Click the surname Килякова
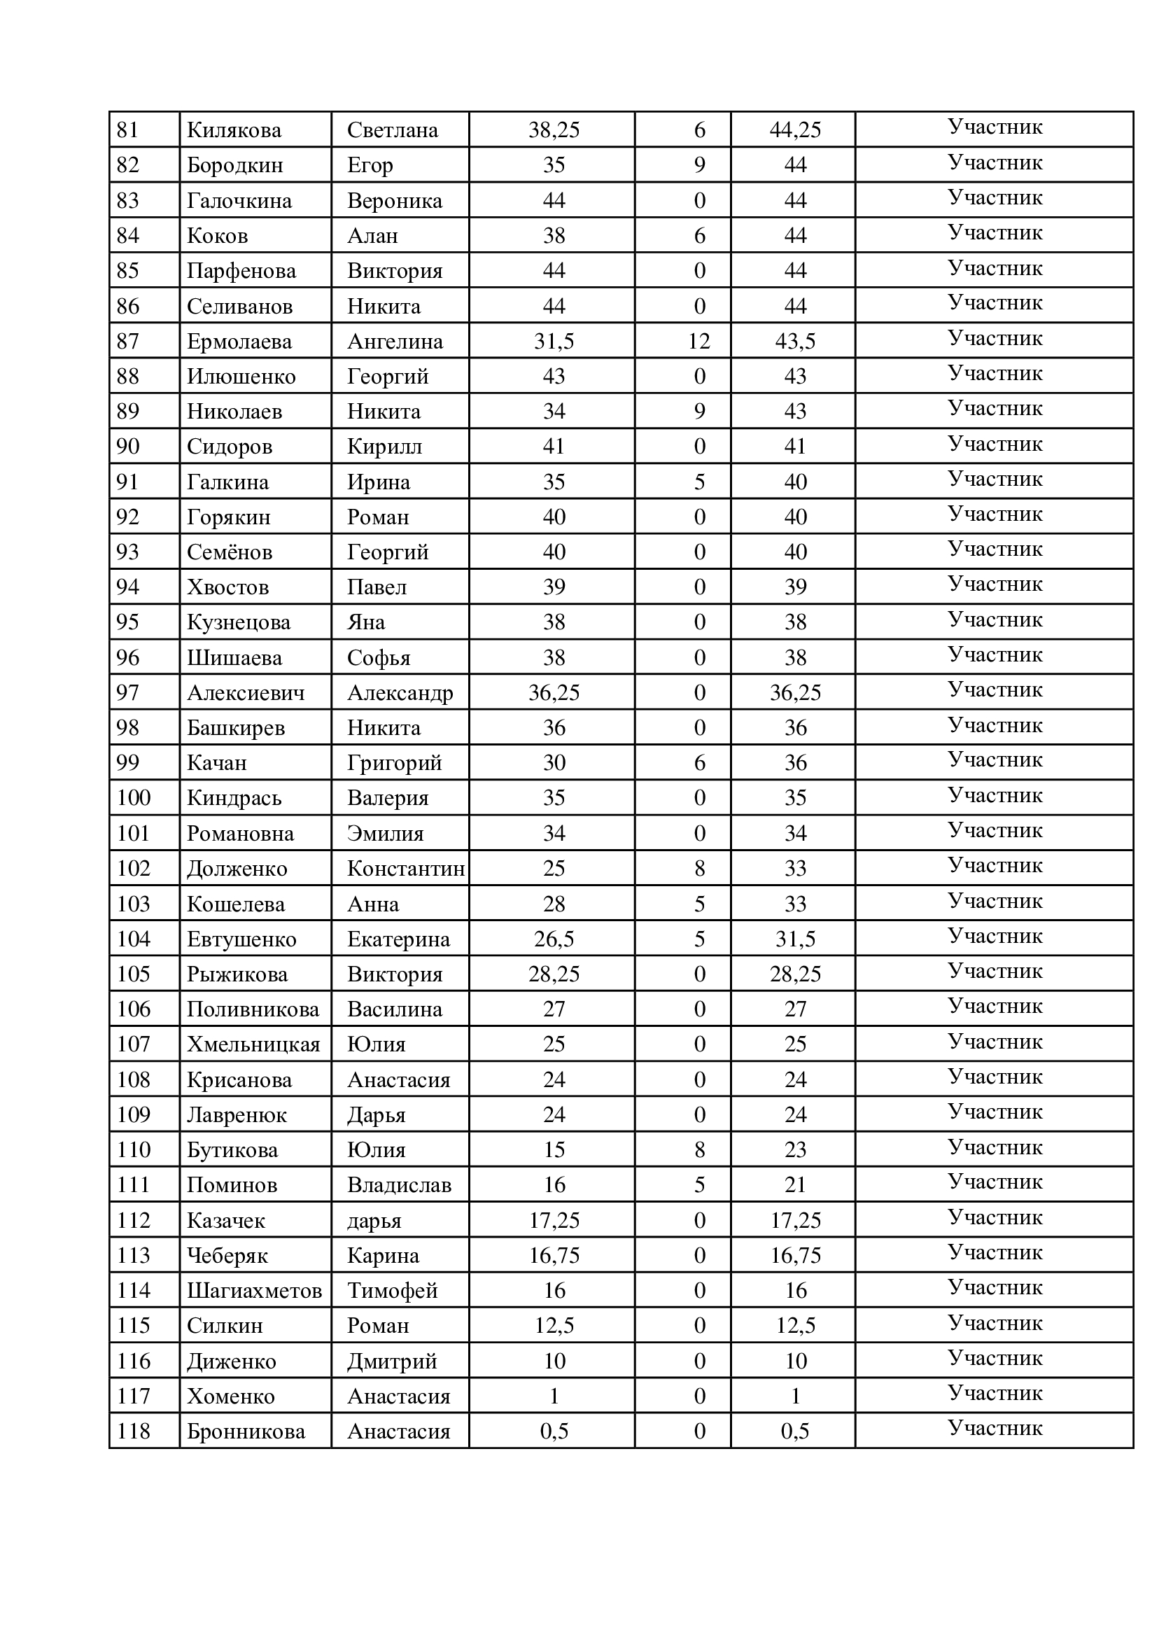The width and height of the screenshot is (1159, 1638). (x=234, y=130)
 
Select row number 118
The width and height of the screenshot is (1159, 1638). (x=134, y=1431)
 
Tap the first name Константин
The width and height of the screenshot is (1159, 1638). (x=405, y=869)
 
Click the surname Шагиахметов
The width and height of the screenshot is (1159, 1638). (x=254, y=1290)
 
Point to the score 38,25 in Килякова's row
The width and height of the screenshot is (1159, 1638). (x=554, y=130)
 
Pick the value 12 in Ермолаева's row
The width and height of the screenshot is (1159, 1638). (x=699, y=341)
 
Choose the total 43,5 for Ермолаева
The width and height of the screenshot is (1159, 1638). (x=795, y=341)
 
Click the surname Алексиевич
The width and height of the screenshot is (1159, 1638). (x=246, y=693)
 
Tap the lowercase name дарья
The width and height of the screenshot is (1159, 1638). (x=374, y=1221)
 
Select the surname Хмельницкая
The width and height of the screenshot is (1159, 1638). (x=253, y=1045)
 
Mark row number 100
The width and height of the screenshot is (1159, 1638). (x=134, y=798)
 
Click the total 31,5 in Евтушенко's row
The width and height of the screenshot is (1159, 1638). (x=795, y=939)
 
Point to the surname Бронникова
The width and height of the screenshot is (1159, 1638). (x=246, y=1431)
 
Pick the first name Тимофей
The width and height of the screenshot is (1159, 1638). (x=392, y=1290)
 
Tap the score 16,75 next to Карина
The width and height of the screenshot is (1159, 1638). (x=554, y=1255)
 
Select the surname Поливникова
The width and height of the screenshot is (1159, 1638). (x=253, y=1009)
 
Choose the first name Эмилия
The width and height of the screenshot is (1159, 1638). (x=386, y=834)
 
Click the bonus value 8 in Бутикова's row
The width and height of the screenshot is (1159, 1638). (x=699, y=1150)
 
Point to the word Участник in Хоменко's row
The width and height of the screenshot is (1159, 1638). (x=995, y=1393)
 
